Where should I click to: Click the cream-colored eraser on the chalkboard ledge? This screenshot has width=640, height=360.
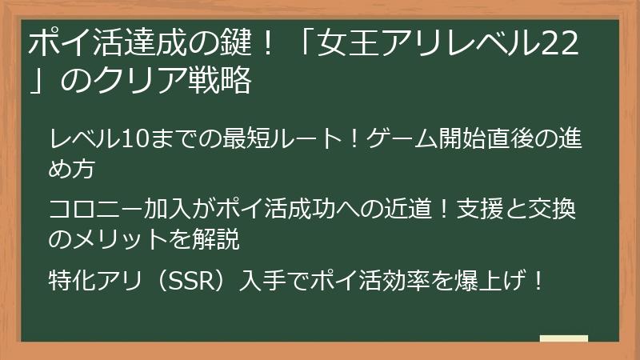[563, 338]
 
